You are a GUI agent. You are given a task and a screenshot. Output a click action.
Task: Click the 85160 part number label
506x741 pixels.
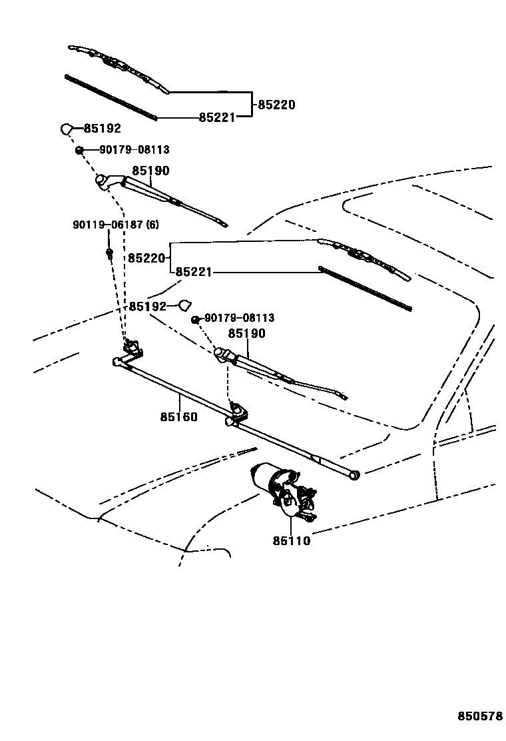point(178,417)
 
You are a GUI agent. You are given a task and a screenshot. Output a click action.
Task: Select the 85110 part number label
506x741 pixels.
point(291,541)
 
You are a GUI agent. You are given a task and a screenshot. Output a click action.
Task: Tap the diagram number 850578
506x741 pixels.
point(479,716)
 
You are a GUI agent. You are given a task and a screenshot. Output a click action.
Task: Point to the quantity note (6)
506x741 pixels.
point(152,225)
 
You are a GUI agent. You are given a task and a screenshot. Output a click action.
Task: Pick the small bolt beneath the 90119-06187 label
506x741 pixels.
point(109,253)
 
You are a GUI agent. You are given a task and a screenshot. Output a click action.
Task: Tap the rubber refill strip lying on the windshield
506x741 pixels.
point(365,288)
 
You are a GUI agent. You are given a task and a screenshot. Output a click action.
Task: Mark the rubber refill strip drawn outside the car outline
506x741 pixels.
point(111,97)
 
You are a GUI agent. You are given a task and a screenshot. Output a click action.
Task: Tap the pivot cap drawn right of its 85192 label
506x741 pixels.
point(184,305)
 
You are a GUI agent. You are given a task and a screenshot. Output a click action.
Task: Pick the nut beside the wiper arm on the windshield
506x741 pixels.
point(196,320)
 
